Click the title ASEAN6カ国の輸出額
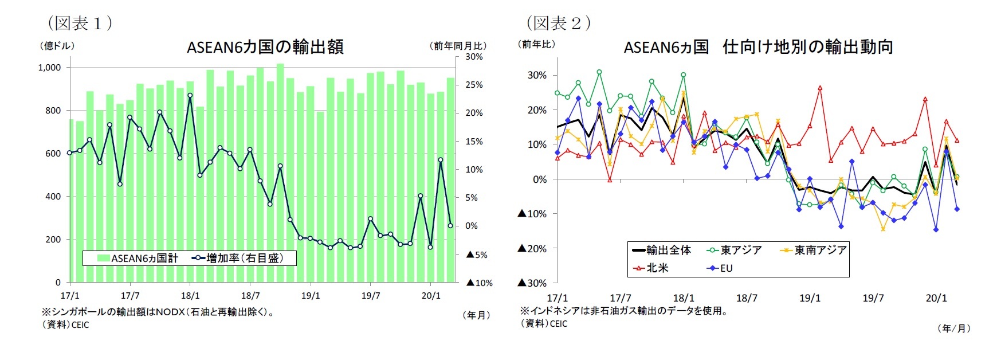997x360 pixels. click(265, 46)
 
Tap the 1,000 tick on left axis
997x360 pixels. click(49, 68)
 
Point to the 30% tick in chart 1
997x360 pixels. click(474, 57)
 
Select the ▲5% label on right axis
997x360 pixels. click(476, 255)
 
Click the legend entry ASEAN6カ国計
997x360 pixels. click(138, 259)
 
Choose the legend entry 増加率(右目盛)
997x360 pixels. click(244, 258)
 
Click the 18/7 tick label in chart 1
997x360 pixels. click(250, 296)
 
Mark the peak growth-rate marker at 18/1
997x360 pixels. click(190, 96)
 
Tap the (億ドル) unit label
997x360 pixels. click(57, 46)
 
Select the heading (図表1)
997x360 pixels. click(80, 23)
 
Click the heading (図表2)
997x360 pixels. click(558, 23)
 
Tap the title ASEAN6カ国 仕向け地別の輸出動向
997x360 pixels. click(758, 47)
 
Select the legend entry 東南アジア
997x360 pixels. click(819, 250)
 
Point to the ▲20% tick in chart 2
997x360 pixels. click(532, 249)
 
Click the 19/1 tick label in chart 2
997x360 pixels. click(810, 298)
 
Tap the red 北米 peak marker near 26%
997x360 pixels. click(820, 88)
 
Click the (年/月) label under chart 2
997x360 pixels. click(953, 328)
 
